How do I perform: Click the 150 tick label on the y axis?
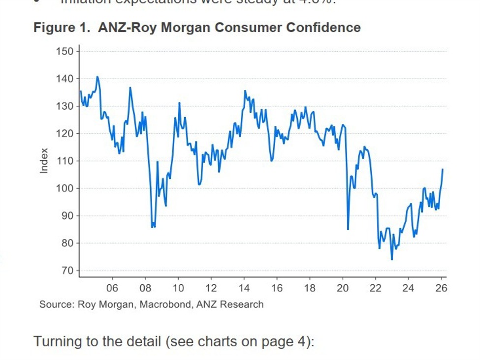tap(65, 52)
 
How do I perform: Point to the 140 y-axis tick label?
tap(65, 79)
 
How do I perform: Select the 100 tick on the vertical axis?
tap(65, 188)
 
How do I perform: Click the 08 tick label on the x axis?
tap(145, 288)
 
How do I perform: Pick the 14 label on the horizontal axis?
tap(244, 288)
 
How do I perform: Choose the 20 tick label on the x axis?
tap(343, 288)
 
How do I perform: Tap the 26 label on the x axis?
tap(442, 288)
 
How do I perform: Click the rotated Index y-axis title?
tap(44, 160)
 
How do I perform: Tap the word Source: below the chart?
tap(57, 304)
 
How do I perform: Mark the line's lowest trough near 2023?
tap(392, 260)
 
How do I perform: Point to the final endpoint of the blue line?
tap(443, 169)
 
